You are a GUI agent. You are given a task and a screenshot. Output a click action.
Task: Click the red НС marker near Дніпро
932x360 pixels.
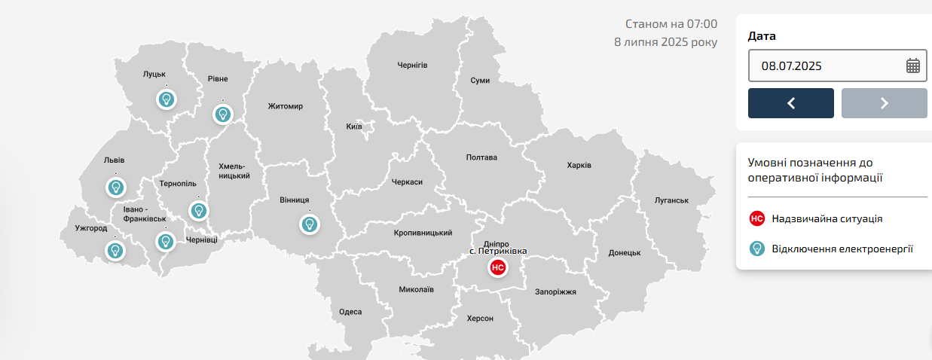497,267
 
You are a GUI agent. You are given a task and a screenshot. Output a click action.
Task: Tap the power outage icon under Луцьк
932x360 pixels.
167,99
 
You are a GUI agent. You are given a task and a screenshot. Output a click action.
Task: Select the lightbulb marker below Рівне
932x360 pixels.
222,114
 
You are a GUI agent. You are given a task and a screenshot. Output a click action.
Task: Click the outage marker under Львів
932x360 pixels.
116,187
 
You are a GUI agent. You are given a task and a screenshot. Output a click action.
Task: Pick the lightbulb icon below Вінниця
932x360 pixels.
309,224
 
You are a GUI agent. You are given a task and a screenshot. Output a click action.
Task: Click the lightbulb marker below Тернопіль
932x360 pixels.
198,211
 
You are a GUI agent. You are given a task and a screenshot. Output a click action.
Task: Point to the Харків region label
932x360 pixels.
579,166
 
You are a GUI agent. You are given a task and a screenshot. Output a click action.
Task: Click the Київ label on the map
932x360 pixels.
354,126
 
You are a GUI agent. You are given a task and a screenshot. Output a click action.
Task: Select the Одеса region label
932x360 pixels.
350,312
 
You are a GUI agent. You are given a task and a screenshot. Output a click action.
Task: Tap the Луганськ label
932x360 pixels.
672,200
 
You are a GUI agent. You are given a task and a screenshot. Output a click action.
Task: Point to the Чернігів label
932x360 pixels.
412,66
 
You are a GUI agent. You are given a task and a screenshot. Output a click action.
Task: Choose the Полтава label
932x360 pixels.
482,157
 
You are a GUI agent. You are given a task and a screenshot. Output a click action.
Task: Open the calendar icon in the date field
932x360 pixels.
912,66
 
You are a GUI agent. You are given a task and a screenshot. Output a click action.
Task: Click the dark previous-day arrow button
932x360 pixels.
790,103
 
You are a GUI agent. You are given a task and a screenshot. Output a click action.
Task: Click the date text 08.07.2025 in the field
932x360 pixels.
791,66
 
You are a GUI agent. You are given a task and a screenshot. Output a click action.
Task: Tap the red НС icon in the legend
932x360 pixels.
757,218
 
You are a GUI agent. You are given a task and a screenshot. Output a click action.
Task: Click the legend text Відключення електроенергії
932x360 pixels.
842,249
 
